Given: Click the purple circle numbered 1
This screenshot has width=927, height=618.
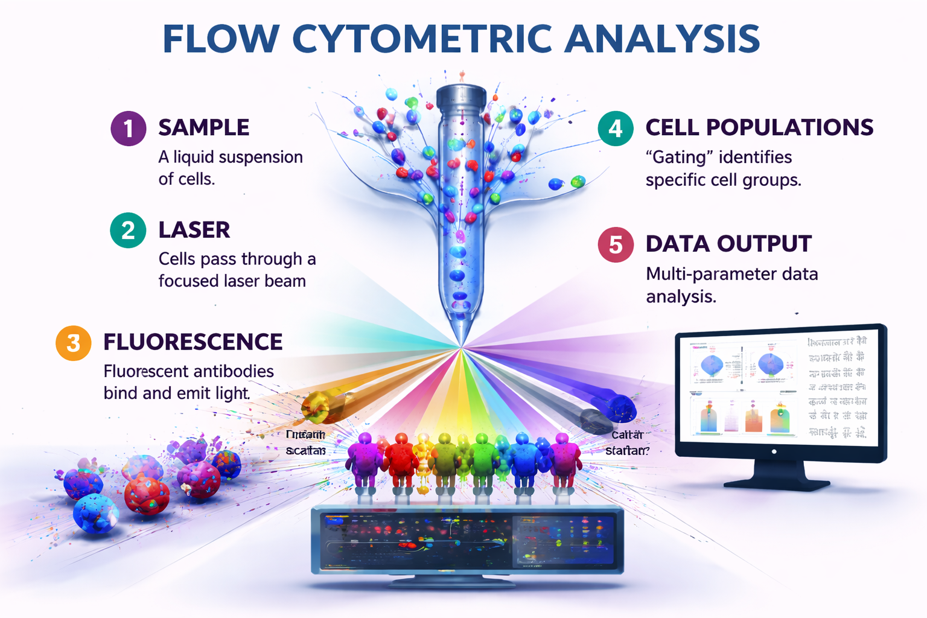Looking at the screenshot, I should click(129, 129).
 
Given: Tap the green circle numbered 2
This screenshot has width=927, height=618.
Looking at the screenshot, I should click(128, 231).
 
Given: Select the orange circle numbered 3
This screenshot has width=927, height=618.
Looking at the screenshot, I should click(73, 343).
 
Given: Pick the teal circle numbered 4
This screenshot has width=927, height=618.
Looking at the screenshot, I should click(615, 129).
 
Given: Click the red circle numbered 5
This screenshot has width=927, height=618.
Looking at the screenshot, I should click(615, 245).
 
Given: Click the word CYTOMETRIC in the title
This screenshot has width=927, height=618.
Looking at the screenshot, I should click(422, 39).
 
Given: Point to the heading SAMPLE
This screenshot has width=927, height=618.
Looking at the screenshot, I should click(203, 128).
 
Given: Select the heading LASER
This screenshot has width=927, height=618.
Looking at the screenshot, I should click(194, 230).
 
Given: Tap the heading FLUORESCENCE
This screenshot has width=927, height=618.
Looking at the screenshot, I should click(193, 342).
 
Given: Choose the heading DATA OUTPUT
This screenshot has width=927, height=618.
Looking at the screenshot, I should click(728, 244).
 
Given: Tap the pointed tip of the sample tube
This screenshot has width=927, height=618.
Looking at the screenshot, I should click(461, 343).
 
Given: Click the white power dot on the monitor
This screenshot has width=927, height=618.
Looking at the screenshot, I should click(774, 451).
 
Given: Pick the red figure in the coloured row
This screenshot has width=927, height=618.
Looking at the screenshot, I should click(401, 459).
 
